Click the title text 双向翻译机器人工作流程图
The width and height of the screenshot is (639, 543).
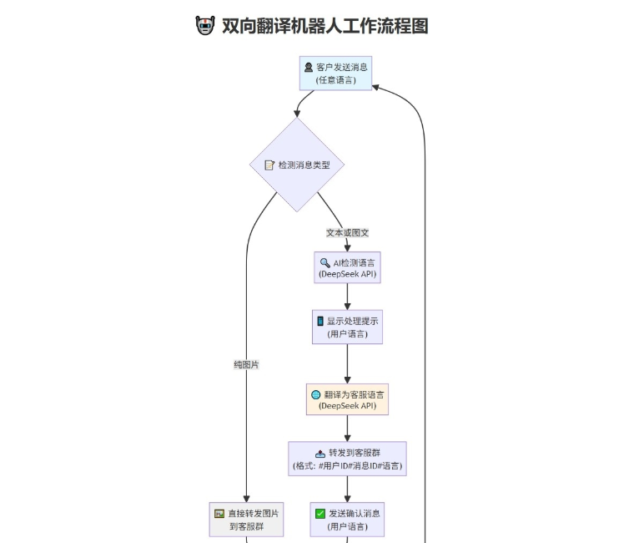point(325,26)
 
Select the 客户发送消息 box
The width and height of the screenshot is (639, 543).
point(335,73)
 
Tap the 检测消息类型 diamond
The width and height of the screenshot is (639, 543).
point(298,165)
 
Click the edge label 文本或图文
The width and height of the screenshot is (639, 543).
point(347,232)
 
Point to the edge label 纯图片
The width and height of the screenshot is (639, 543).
point(246,364)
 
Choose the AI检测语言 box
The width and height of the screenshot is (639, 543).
point(347,268)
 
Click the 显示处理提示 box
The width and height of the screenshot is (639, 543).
point(347,327)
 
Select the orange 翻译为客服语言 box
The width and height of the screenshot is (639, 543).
point(347,400)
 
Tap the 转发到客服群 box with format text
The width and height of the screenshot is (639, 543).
point(347,459)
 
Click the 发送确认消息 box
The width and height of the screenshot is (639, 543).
point(347,519)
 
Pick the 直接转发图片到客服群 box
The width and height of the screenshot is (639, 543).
point(246,519)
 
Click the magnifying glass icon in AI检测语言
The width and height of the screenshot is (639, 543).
point(325,262)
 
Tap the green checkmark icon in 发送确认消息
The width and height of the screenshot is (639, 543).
point(320,513)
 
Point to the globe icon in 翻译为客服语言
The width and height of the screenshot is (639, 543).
point(315,394)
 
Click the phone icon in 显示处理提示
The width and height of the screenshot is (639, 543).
point(319,321)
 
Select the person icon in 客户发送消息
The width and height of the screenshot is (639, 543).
point(309,67)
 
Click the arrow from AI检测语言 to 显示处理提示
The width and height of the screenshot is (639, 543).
point(347,297)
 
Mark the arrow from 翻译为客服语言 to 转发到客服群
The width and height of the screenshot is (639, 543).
point(347,429)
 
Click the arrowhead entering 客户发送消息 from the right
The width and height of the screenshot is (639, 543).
point(376,85)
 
